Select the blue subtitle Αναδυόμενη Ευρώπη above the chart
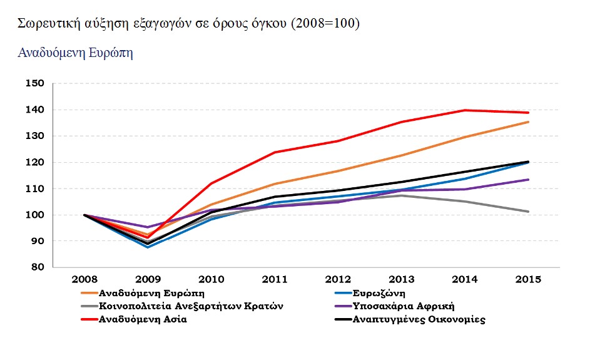click(x=75, y=53)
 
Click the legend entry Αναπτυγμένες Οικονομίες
click(x=419, y=319)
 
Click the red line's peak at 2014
click(x=465, y=110)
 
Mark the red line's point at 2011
click(x=275, y=152)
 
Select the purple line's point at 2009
click(x=148, y=227)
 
